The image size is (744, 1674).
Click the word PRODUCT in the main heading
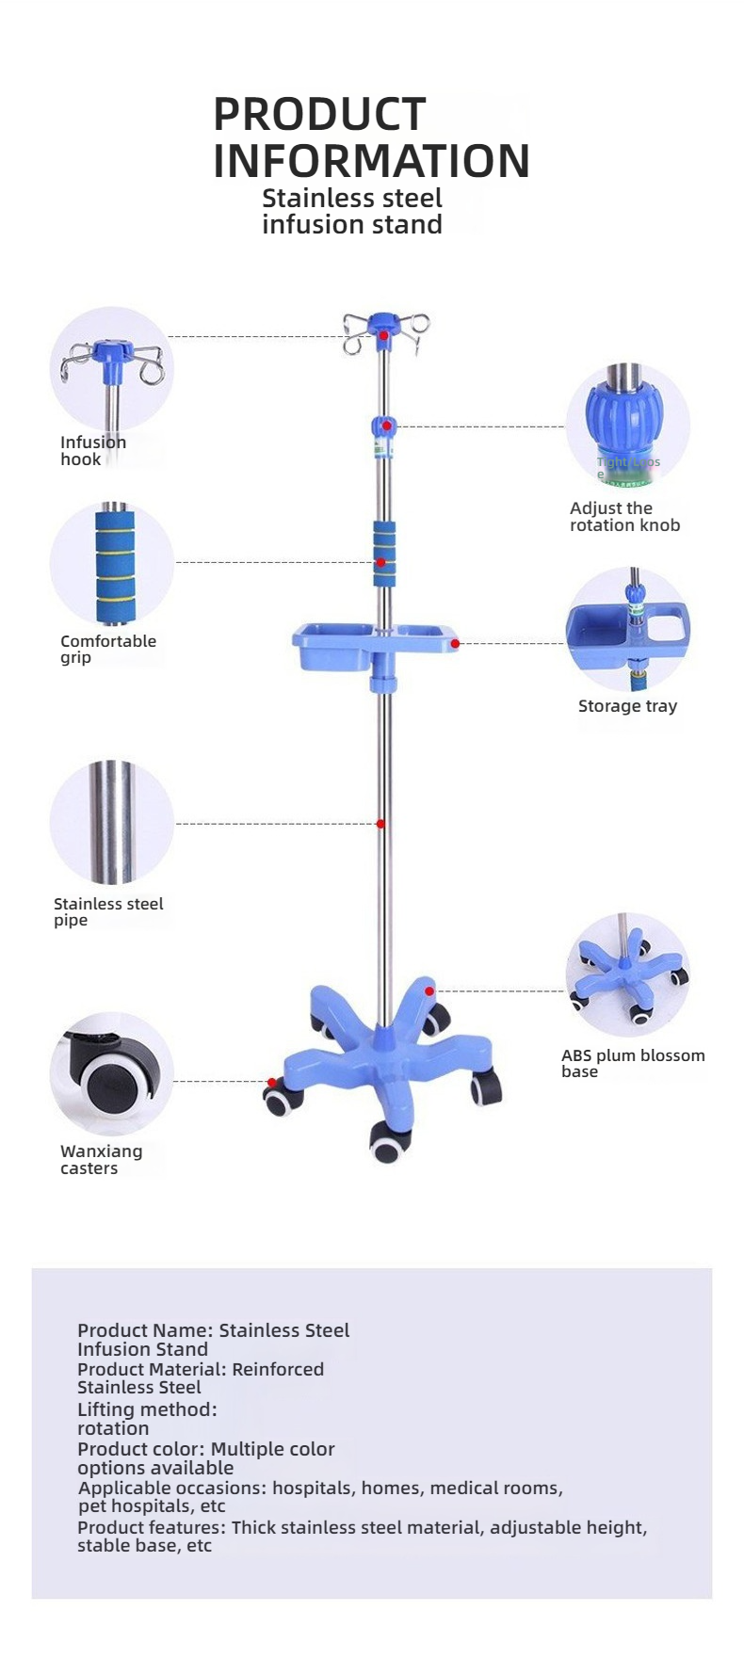pyautogui.click(x=319, y=115)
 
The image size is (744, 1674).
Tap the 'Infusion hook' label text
pyautogui.click(x=92, y=451)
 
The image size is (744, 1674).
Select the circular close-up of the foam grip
pyautogui.click(x=112, y=564)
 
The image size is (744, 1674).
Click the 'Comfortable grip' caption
pyautogui.click(x=107, y=649)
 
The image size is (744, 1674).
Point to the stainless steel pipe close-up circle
pyautogui.click(x=112, y=822)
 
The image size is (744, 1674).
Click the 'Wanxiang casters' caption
pyautogui.click(x=101, y=1159)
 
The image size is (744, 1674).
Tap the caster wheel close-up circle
pyautogui.click(x=112, y=1074)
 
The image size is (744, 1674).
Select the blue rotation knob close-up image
pyautogui.click(x=627, y=426)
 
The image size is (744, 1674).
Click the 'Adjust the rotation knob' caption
pyautogui.click(x=623, y=517)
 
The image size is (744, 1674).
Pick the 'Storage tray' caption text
pyautogui.click(x=627, y=706)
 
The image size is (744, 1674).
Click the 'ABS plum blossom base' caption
pyautogui.click(x=632, y=1063)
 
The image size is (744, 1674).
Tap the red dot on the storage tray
pyautogui.click(x=455, y=644)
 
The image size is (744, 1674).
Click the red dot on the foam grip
pyautogui.click(x=380, y=562)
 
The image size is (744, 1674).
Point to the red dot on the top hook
pyautogui.click(x=383, y=335)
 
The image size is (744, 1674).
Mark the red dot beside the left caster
pyautogui.click(x=271, y=1083)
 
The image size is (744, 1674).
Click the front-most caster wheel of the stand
pyautogui.click(x=387, y=1144)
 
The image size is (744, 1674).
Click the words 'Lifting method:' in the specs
pyautogui.click(x=147, y=1409)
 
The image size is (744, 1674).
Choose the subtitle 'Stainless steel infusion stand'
pyautogui.click(x=351, y=211)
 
